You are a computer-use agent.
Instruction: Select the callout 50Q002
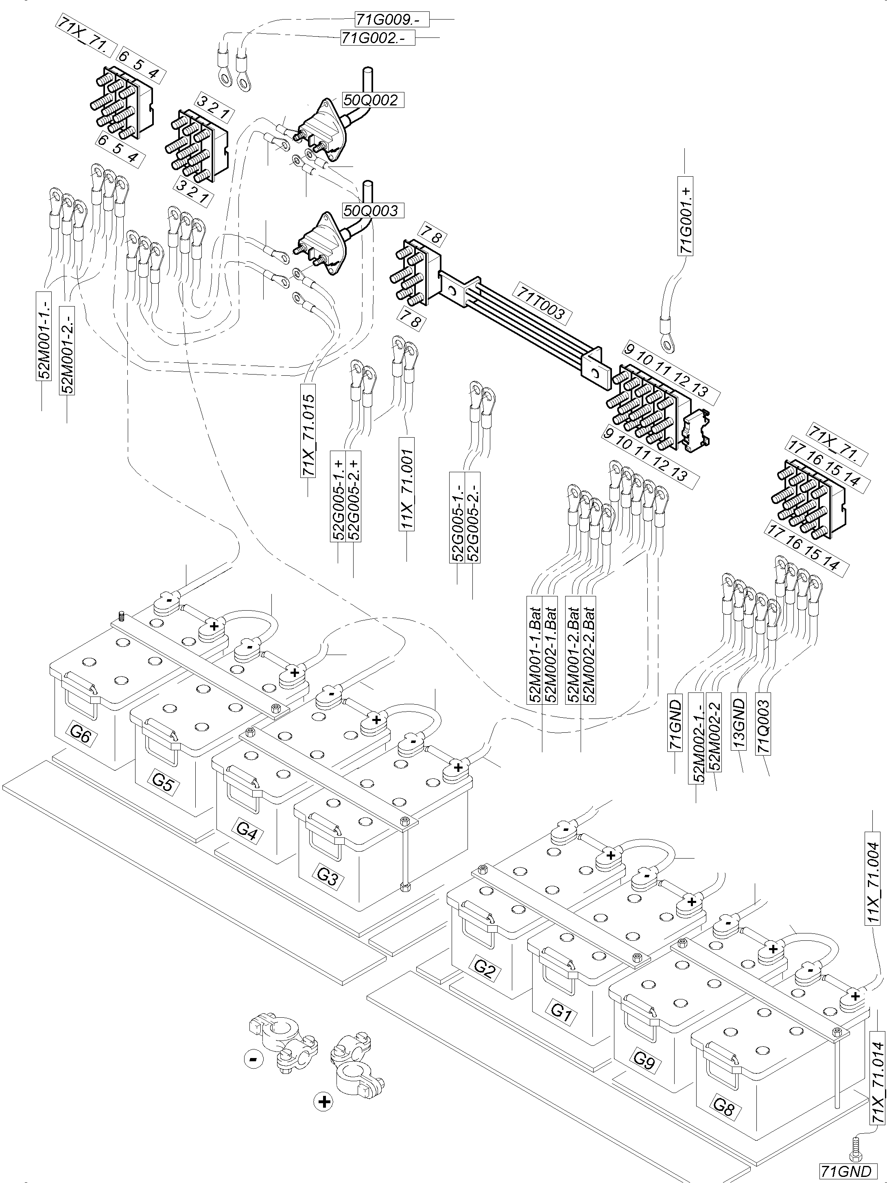point(372,100)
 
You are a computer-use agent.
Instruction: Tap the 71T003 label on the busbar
point(540,303)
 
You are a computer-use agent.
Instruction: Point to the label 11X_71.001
point(407,484)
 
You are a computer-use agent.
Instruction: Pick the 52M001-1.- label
point(43,335)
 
